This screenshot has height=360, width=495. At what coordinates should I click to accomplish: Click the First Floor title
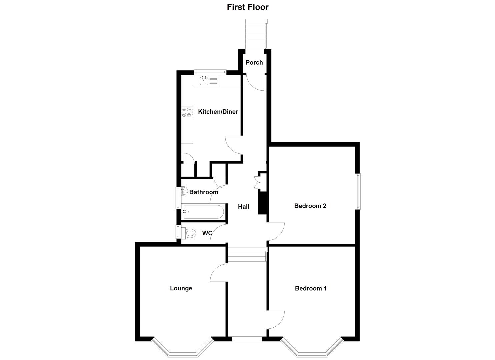pos(247,7)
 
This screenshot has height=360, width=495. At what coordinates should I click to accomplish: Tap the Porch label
pos(254,62)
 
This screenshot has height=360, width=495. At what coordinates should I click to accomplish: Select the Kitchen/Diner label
pos(218,112)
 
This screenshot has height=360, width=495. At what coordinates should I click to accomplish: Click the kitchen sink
pos(204,80)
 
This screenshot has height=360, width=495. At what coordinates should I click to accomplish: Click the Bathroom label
pos(204,192)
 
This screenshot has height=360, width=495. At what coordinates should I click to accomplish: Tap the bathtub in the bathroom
pos(203,212)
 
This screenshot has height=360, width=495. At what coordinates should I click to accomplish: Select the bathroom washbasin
pos(184,192)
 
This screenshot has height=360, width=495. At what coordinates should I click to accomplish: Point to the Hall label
pos(243,207)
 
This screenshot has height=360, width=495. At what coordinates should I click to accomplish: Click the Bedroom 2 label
pos(310,206)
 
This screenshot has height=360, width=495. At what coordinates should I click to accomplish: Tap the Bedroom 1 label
pos(311,288)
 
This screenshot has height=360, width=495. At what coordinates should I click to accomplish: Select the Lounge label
pos(181,288)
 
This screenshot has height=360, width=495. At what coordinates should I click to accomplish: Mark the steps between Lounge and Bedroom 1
pos(247,255)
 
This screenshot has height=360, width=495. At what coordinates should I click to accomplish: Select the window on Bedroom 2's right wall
pos(358,191)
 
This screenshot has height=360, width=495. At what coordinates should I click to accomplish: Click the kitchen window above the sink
pos(210,71)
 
